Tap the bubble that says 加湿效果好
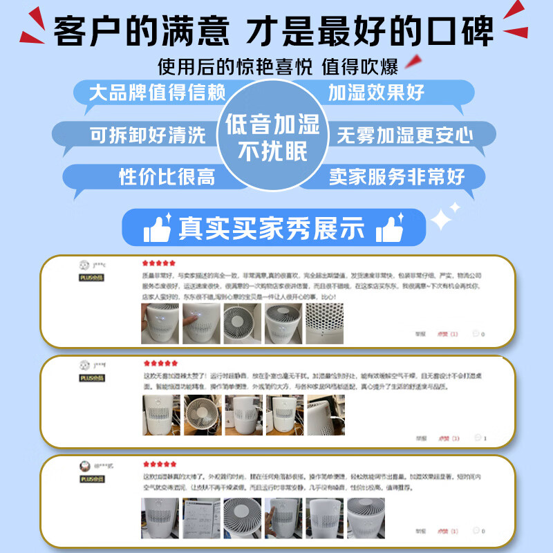pos(377,93)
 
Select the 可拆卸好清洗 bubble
pos(148,135)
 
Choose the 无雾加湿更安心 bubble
pos(405,135)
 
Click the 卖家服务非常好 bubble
pos(397,176)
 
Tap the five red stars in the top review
pos(158,263)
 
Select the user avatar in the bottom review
pos(84,466)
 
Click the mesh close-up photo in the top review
pos(324,324)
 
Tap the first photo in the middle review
pos(160,415)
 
